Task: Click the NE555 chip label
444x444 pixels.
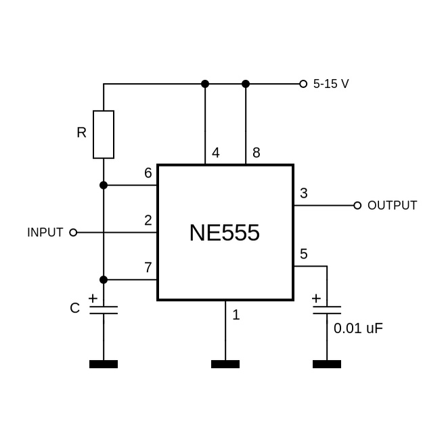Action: (225, 233)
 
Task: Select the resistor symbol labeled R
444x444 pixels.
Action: (104, 134)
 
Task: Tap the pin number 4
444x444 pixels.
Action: (216, 153)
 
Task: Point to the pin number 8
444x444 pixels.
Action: (257, 153)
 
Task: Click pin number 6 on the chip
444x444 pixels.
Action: (148, 173)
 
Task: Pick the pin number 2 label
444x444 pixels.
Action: (148, 221)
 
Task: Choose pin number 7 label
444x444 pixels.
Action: (148, 268)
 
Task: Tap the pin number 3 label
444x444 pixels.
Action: (304, 194)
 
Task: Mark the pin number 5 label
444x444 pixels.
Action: (304, 254)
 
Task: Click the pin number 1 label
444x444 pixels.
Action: (236, 315)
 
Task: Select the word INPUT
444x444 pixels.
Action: (45, 233)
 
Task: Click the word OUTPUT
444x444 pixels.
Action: (393, 206)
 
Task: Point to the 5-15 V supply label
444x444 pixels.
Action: (331, 85)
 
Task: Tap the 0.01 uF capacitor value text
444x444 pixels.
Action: (359, 329)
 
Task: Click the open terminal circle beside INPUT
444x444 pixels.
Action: (74, 233)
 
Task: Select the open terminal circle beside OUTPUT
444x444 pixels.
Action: (357, 206)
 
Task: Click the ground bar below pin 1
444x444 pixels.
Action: (225, 364)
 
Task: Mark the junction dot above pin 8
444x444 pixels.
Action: (246, 84)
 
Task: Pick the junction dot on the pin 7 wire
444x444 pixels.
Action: (104, 280)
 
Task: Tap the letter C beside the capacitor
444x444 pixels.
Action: (75, 309)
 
